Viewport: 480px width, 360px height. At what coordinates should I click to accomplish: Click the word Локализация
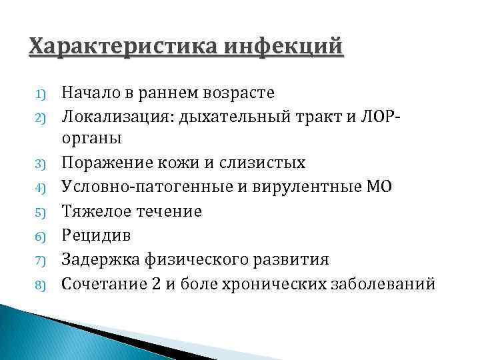[x=113, y=115]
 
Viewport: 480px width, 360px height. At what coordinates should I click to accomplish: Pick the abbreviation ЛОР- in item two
[x=383, y=115]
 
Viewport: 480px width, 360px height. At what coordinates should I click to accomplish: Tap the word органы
[x=91, y=139]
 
